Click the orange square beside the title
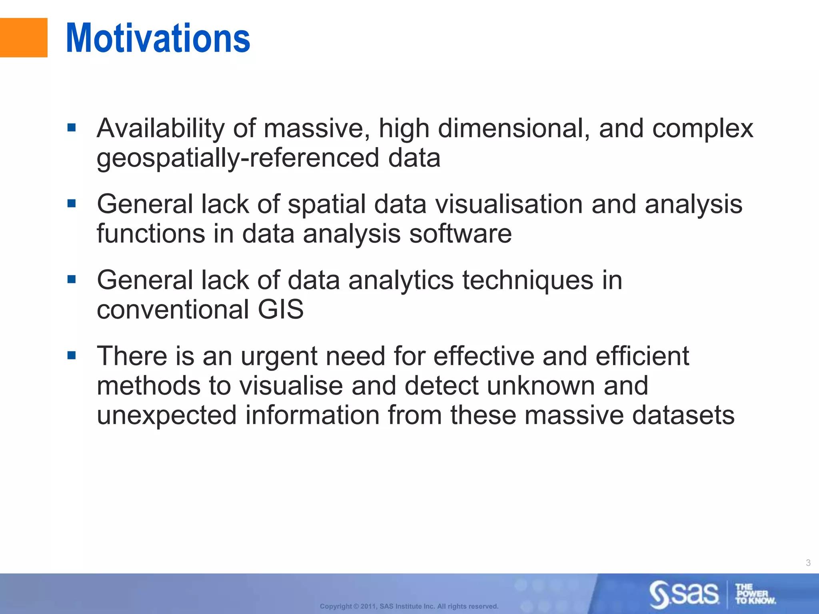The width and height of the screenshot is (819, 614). (x=23, y=38)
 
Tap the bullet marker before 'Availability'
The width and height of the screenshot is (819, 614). (x=72, y=128)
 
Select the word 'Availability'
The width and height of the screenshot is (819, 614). (x=161, y=129)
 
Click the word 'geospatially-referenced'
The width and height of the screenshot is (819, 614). (x=238, y=158)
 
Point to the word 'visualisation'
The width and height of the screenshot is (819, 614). (x=509, y=204)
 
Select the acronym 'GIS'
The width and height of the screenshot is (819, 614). (x=280, y=309)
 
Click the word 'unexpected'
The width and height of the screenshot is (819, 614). (x=167, y=415)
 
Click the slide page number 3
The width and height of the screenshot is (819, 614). (x=808, y=563)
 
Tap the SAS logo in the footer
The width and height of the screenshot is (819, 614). (x=684, y=594)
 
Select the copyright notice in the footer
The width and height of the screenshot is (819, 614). (x=409, y=606)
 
